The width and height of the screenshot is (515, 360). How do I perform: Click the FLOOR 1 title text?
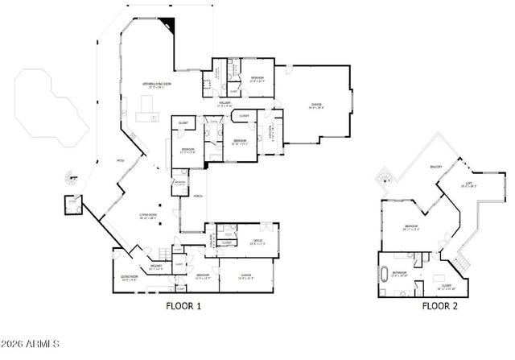pos(183,306)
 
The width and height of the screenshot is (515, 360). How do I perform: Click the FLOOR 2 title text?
pos(440,306)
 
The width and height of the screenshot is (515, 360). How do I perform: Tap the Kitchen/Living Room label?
pos(159,84)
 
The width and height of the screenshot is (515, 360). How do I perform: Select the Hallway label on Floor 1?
pos(226,102)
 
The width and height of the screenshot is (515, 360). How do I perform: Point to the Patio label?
pos(122,160)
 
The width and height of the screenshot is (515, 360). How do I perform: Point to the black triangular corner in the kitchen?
pos(167,26)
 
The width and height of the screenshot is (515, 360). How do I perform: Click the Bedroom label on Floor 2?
pos(410,227)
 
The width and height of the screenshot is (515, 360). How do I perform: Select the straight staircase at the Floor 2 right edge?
pos(461,263)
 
